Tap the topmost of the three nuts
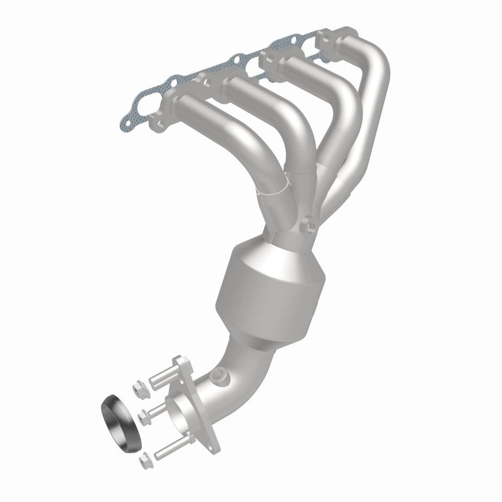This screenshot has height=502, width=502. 139,389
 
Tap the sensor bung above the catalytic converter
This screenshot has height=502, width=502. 307,225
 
